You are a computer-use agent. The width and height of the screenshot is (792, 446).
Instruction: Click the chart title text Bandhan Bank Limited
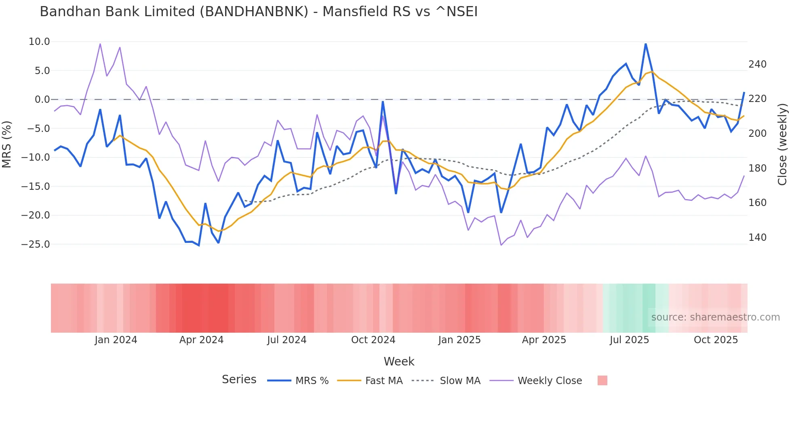[x=259, y=12]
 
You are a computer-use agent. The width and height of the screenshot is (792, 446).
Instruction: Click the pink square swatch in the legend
[x=602, y=380]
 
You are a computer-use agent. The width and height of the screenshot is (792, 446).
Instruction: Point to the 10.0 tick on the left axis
[x=39, y=42]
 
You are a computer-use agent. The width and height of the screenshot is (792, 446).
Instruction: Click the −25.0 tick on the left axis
[x=36, y=244]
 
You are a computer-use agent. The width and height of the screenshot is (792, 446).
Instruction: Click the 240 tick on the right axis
[x=757, y=64]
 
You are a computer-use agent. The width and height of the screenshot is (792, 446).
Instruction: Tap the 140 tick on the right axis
[x=757, y=238]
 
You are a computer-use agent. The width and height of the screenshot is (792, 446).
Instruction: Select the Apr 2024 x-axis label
[x=201, y=340]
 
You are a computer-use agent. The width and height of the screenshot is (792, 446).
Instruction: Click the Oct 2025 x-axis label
[x=716, y=340]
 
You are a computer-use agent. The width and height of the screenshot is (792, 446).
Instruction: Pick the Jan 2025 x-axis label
[x=459, y=340]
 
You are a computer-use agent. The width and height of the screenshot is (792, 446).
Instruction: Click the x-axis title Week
[x=399, y=361]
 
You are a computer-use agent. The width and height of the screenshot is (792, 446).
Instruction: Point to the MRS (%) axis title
[x=7, y=144]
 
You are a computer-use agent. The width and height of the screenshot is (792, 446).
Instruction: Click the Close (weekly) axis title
[x=782, y=144]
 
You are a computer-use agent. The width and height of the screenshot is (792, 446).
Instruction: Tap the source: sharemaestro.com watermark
[x=715, y=317]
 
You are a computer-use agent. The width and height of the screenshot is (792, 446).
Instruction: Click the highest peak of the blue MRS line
[x=646, y=44]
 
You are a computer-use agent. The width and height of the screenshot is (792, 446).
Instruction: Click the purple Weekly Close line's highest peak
[x=100, y=44]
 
